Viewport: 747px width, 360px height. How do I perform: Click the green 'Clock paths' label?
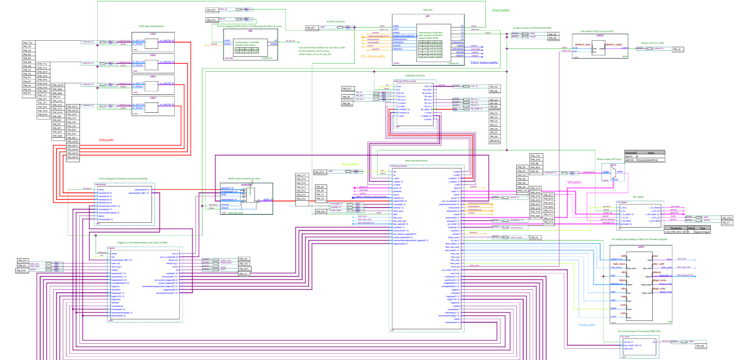[x=500, y=10]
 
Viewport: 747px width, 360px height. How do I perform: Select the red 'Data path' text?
[x=106, y=140]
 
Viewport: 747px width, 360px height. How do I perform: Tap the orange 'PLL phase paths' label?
[x=373, y=56]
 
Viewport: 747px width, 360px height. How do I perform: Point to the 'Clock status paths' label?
[x=484, y=63]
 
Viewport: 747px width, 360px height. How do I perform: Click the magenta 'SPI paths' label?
[x=574, y=182]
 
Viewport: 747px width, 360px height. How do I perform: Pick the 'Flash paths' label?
[x=587, y=325]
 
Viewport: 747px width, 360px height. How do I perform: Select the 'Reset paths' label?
[x=350, y=164]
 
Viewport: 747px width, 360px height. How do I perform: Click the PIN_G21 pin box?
[x=211, y=10]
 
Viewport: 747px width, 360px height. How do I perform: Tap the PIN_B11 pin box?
[x=312, y=28]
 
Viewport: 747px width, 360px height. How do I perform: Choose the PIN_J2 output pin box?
[x=678, y=49]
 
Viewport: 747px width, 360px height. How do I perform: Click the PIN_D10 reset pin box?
[x=320, y=172]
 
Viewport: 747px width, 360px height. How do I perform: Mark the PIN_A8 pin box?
[x=700, y=346]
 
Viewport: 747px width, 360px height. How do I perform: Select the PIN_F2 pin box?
[x=535, y=238]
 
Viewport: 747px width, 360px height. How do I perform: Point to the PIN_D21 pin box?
[x=23, y=261]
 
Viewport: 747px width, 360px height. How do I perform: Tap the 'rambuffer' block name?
[x=246, y=185]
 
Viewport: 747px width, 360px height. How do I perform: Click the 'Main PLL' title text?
[x=428, y=10]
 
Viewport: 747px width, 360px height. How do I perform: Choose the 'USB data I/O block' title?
[x=415, y=76]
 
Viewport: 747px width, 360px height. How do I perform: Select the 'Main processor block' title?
[x=416, y=161]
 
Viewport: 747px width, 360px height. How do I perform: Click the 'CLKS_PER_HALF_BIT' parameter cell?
[x=675, y=232]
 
